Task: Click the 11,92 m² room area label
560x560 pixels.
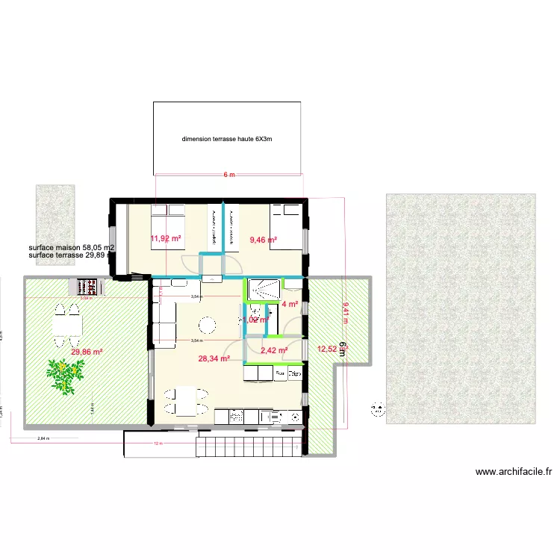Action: click(x=166, y=239)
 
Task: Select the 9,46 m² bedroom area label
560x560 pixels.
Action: click(x=263, y=240)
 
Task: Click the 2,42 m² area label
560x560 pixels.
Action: click(x=274, y=349)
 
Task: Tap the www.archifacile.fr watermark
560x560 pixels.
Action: click(x=514, y=471)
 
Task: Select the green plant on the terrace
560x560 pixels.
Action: click(x=66, y=374)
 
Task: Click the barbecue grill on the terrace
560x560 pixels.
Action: click(x=88, y=287)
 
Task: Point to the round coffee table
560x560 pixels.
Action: click(x=205, y=324)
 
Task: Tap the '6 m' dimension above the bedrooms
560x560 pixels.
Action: click(x=228, y=175)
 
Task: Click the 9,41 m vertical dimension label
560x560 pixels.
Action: click(x=345, y=311)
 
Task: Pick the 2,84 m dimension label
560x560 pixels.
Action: click(x=43, y=439)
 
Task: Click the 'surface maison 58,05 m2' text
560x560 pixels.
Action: click(x=71, y=247)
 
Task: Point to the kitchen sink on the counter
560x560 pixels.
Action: click(x=236, y=417)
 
